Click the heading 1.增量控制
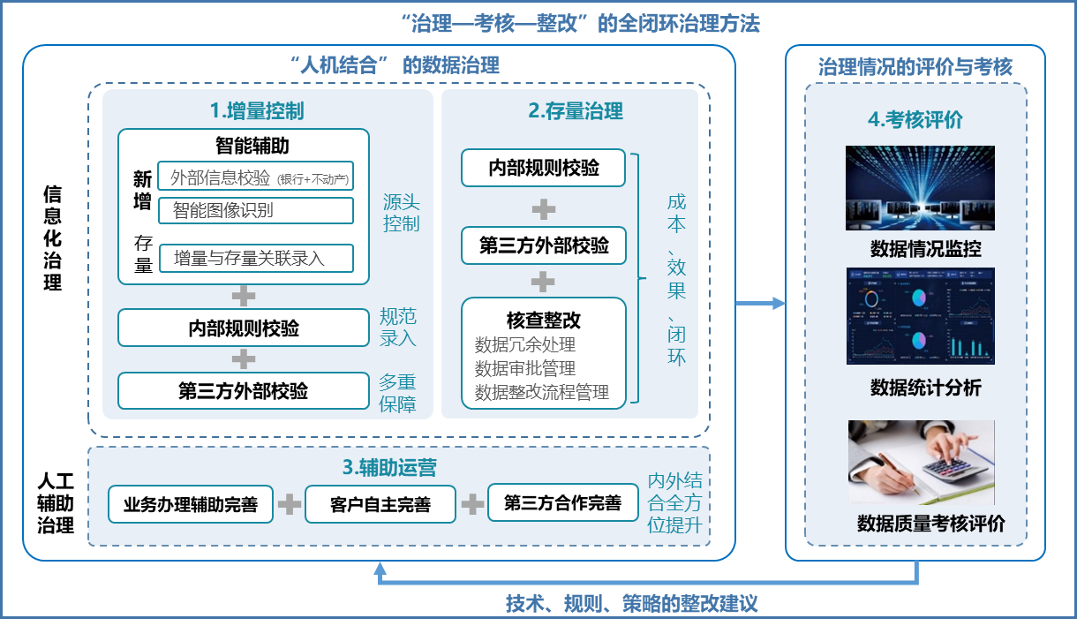(256, 111)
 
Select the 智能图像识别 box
(256, 210)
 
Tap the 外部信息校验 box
(256, 177)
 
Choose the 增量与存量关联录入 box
(256, 258)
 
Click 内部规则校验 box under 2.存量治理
(544, 168)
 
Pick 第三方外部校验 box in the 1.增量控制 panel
(243, 390)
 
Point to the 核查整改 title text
(544, 320)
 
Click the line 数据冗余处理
(525, 345)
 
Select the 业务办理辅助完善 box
(191, 504)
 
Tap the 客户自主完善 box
(380, 504)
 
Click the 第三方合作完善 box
(562, 502)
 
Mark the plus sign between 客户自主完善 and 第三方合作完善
(472, 504)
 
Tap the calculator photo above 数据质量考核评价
(921, 462)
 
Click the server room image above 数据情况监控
(921, 188)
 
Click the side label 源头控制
(401, 212)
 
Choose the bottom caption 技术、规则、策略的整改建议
(631, 604)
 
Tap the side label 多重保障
(397, 393)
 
